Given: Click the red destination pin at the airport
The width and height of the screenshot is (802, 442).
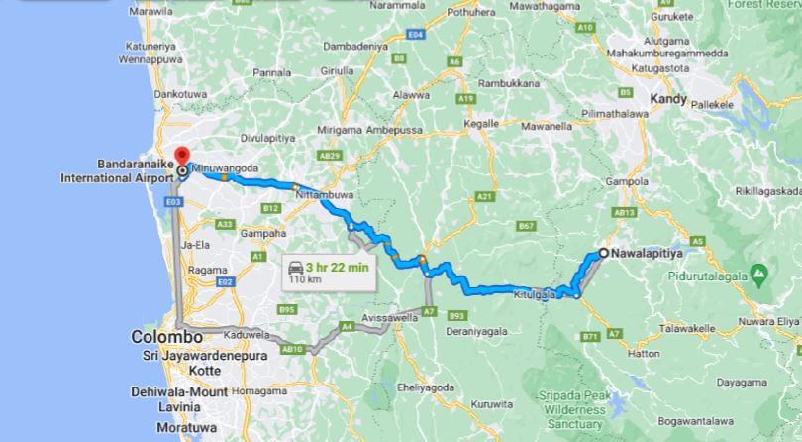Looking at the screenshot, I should (182, 159).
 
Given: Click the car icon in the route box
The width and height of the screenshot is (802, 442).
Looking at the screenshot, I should (295, 267).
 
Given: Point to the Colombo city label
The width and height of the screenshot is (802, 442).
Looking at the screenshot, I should (159, 337).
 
